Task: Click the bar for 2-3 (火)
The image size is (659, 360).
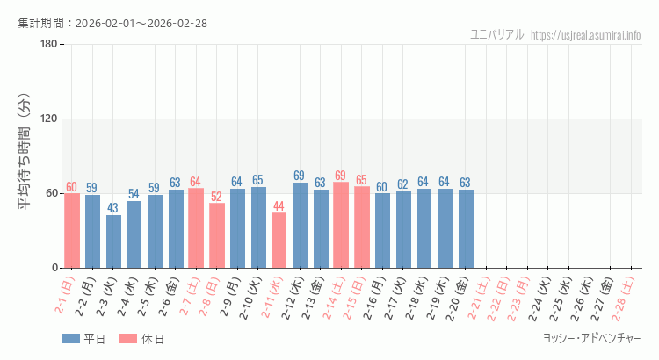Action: coord(113,241)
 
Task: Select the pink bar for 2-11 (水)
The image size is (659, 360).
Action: coord(279,241)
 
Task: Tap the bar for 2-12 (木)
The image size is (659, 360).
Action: coord(300,226)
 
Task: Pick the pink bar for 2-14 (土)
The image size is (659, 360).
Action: coord(341,225)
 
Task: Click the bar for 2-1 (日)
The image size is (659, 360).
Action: coord(72,231)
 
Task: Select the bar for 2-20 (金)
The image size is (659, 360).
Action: coord(466,229)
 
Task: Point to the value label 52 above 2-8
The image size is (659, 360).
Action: coord(216,197)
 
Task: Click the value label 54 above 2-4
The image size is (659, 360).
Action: coord(134,194)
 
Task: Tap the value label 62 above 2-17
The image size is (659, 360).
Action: coord(402,184)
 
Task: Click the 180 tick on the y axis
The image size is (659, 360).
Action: coord(48,45)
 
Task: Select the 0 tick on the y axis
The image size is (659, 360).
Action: coord(54,268)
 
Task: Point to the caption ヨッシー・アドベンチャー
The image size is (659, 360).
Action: coord(591,338)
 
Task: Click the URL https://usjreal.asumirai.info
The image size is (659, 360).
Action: coord(586,35)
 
